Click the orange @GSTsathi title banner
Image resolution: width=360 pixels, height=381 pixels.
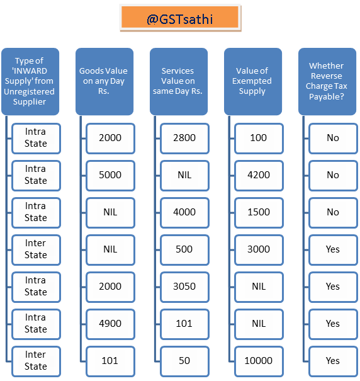pyautogui.click(x=180, y=18)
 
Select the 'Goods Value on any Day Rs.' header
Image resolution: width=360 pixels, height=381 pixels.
pyautogui.click(x=104, y=81)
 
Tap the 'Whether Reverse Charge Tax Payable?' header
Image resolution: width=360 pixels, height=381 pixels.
pyautogui.click(x=327, y=81)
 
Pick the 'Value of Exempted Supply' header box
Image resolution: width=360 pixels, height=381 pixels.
pyautogui.click(x=253, y=81)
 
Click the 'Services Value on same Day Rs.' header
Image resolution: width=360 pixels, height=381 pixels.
pyautogui.click(x=179, y=81)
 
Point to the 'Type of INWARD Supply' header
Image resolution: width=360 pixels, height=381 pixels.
pyautogui.click(x=30, y=81)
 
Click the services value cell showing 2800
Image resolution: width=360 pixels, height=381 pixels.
pyautogui.click(x=184, y=139)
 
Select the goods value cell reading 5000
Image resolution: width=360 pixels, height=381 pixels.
pyautogui.click(x=110, y=176)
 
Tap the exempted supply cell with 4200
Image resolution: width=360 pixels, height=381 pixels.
pyautogui.click(x=259, y=176)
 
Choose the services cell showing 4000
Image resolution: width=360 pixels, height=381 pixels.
pyautogui.click(x=184, y=213)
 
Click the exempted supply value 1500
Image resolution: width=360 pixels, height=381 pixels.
pyautogui.click(x=259, y=213)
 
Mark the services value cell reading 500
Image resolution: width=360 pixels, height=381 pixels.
pyautogui.click(x=184, y=250)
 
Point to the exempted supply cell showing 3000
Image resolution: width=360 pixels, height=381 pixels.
pyautogui.click(x=259, y=250)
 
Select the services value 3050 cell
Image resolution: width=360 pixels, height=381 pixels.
pyautogui.click(x=184, y=287)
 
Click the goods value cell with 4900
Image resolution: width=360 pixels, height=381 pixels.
pyautogui.click(x=110, y=324)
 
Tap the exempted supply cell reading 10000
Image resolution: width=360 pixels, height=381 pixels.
pyautogui.click(x=259, y=361)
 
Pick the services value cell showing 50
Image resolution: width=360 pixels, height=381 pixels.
pyautogui.click(x=184, y=361)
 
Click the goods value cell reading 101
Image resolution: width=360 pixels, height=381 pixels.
pyautogui.click(x=110, y=361)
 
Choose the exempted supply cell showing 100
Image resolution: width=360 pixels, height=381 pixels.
pyautogui.click(x=259, y=139)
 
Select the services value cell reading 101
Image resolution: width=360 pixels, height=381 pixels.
pyautogui.click(x=184, y=324)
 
